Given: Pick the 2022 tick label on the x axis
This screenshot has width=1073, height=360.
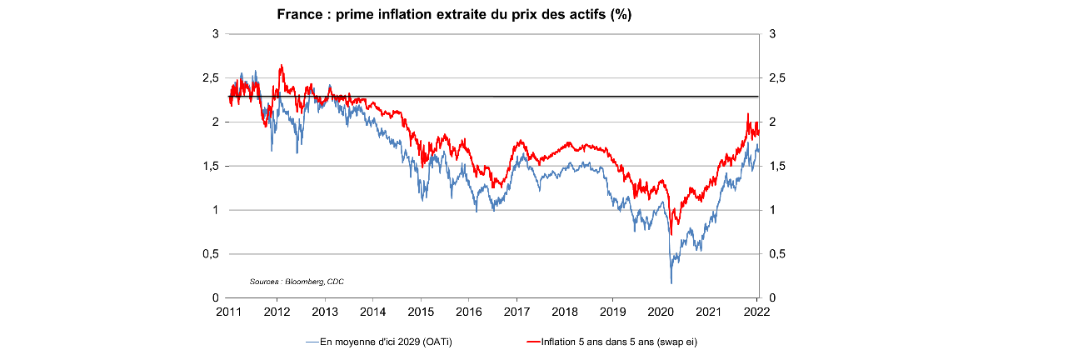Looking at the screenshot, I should pos(756,312).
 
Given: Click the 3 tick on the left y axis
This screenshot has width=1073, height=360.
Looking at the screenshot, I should pos(215,34).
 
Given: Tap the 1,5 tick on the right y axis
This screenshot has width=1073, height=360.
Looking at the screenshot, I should pos(776,166).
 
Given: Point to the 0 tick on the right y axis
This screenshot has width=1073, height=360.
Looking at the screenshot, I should pos(772,298).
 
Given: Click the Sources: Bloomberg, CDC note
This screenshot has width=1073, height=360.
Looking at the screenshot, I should pos(297,282).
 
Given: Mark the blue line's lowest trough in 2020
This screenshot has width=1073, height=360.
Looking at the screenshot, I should pos(671,282).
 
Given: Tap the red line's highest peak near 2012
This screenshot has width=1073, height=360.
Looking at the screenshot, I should pos(282,65).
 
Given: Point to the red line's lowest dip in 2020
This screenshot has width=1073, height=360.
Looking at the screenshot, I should pos(672,234).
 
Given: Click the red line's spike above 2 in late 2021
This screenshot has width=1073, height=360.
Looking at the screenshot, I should pos(747,114).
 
